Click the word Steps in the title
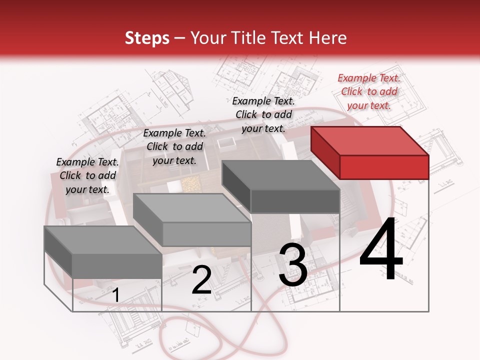point(147,38)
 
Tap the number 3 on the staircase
point(292,265)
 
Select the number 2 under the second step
point(201,280)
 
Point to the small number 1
point(115,295)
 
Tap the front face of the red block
point(384,167)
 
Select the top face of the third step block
point(280,175)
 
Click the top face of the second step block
point(191,207)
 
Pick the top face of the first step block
point(102,240)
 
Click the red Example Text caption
point(369,91)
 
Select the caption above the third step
point(263,114)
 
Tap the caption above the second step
point(174,146)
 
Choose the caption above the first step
point(87,175)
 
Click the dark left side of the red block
point(325,152)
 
